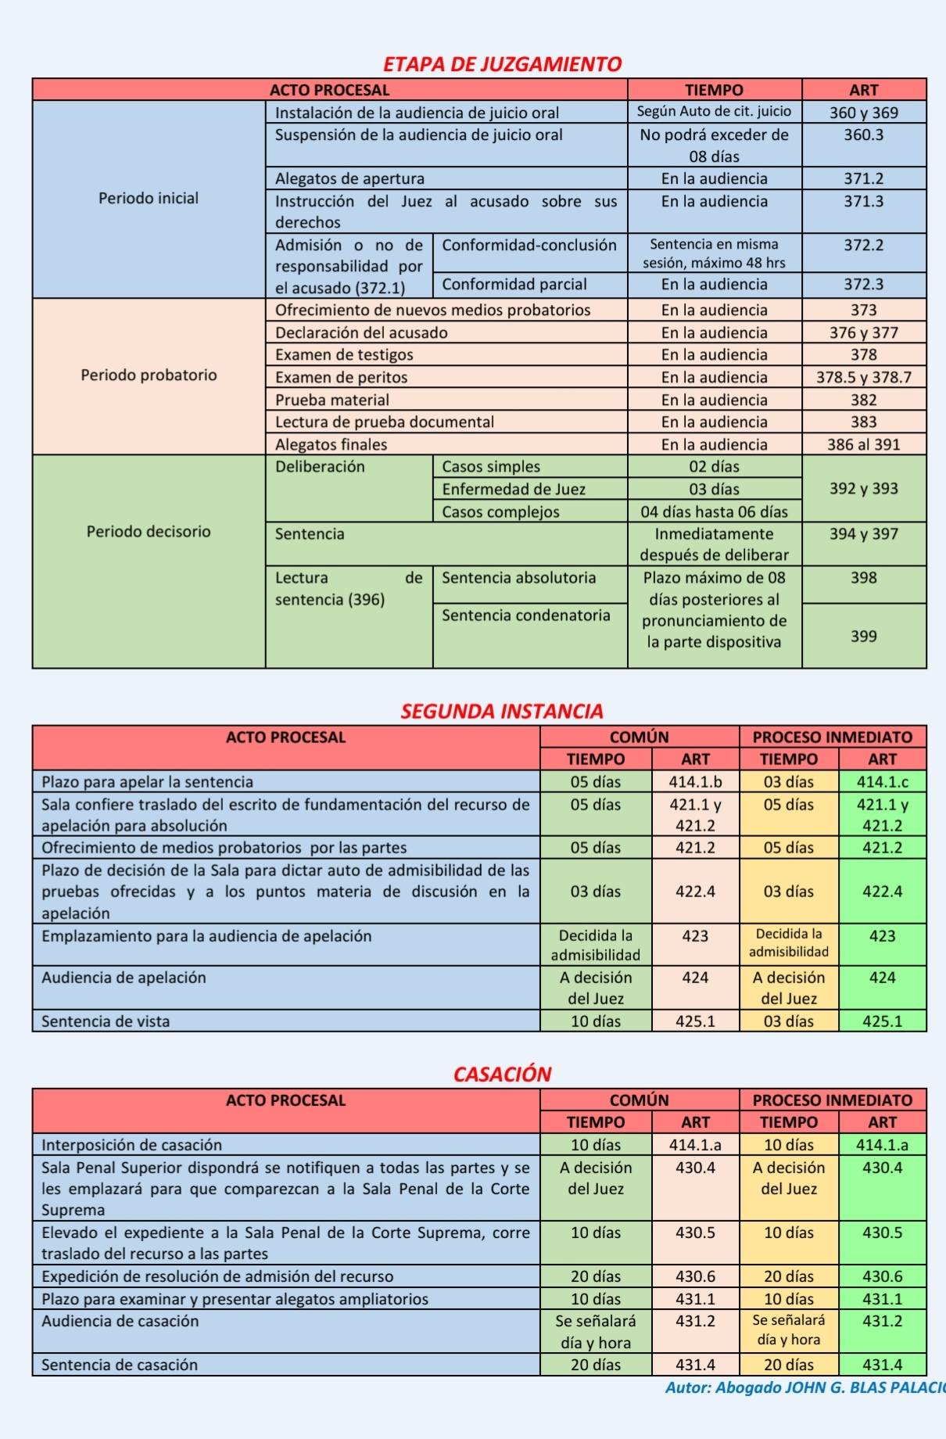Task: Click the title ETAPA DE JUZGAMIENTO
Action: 502,64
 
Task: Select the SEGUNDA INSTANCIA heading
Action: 502,711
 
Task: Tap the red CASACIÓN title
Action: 502,1074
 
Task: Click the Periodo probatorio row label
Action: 149,375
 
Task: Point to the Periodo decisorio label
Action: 149,532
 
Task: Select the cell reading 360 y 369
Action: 863,113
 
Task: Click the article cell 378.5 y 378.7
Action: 863,378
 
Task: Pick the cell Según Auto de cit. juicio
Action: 714,112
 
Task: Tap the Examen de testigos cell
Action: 344,355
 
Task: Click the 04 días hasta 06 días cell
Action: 714,512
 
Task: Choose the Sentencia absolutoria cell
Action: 518,578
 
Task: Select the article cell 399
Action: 863,637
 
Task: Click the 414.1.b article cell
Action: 695,782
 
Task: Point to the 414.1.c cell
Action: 882,782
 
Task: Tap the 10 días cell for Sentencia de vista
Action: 595,1021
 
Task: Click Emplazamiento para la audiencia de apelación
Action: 206,936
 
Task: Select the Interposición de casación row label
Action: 131,1145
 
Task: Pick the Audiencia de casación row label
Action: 120,1321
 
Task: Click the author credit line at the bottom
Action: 805,1388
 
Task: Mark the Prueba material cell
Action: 331,400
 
